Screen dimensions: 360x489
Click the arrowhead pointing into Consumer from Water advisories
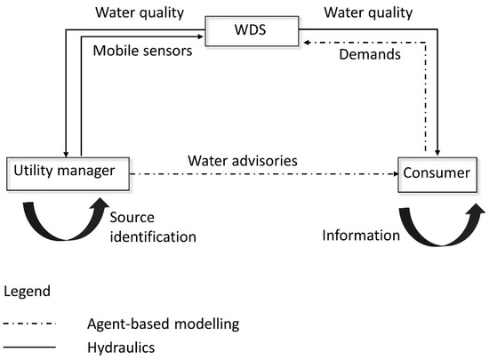click(x=392, y=174)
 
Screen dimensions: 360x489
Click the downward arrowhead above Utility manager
click(x=65, y=153)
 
